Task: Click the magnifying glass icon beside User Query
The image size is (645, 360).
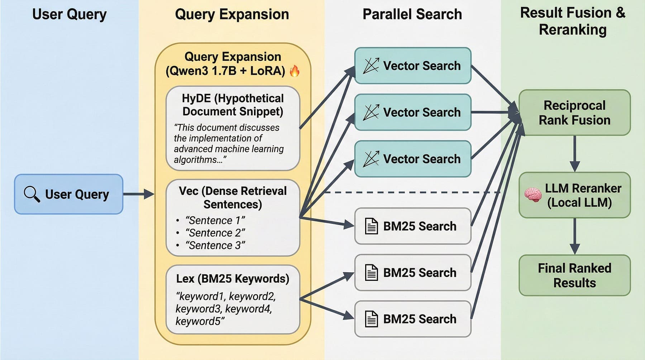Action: [32, 194]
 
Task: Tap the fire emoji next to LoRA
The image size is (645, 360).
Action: [295, 71]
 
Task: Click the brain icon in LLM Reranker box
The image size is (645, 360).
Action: [533, 195]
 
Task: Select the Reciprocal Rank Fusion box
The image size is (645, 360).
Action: [574, 112]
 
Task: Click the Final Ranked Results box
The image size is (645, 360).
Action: [574, 275]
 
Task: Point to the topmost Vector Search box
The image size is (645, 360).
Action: [412, 66]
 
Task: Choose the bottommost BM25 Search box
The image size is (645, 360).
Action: [412, 319]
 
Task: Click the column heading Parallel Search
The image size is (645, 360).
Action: [412, 14]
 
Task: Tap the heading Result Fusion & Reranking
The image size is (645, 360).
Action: [573, 21]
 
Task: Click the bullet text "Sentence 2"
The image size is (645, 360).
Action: [215, 233]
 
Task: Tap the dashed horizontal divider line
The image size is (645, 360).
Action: [412, 192]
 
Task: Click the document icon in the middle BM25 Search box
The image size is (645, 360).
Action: [371, 273]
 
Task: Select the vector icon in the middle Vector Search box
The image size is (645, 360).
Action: [371, 112]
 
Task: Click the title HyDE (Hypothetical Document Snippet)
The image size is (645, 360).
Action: [233, 105]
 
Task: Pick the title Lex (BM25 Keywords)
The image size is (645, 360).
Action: [233, 279]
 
